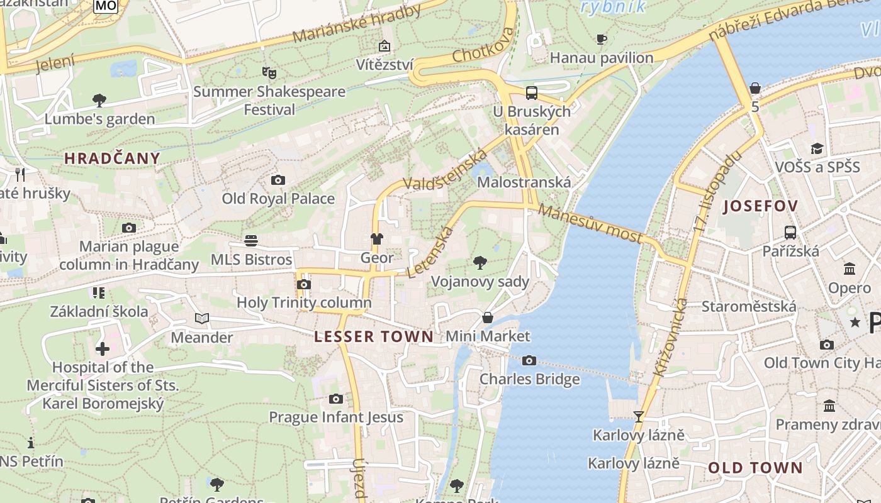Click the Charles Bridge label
529,379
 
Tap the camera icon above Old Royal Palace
278,180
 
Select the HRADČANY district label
112,158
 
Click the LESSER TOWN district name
374,336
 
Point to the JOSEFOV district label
761,206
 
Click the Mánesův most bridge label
590,224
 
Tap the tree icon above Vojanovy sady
480,263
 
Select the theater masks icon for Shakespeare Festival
269,72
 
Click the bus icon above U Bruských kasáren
532,93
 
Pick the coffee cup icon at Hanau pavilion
602,39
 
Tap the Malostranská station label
524,182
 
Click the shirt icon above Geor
376,239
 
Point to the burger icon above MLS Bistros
251,241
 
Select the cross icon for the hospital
103,348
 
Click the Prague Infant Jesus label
336,417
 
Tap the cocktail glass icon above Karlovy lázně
639,416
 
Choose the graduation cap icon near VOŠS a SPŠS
817,148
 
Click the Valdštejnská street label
446,169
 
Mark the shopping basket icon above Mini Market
487,318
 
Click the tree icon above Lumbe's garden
99,100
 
